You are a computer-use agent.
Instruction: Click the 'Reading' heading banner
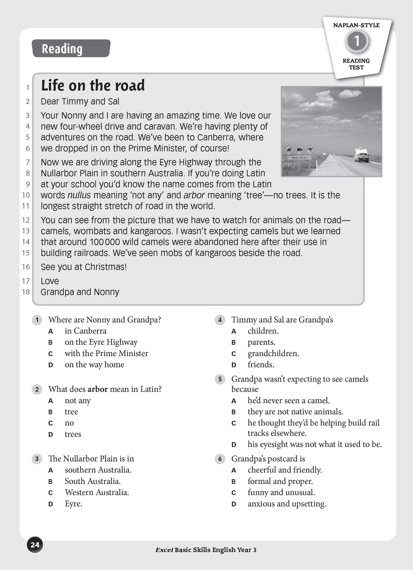(x=71, y=48)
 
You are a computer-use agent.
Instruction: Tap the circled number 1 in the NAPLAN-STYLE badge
(x=357, y=41)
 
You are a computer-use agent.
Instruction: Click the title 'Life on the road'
(x=93, y=85)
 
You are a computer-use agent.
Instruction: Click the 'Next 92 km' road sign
(x=299, y=157)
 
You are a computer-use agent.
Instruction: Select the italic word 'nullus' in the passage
(x=79, y=195)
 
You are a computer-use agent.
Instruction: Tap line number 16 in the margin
(x=26, y=267)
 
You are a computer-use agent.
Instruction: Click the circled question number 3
(x=37, y=459)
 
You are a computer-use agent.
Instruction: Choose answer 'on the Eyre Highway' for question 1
(x=101, y=342)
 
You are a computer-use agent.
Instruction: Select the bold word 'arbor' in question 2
(x=98, y=389)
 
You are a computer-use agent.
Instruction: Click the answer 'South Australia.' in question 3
(x=93, y=481)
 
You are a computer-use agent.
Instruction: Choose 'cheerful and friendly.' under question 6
(x=285, y=470)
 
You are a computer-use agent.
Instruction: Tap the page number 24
(x=35, y=545)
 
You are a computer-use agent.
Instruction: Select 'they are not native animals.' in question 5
(x=295, y=412)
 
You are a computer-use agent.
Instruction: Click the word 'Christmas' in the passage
(x=105, y=267)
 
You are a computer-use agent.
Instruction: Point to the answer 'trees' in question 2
(x=73, y=434)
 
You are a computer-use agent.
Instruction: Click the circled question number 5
(x=220, y=379)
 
